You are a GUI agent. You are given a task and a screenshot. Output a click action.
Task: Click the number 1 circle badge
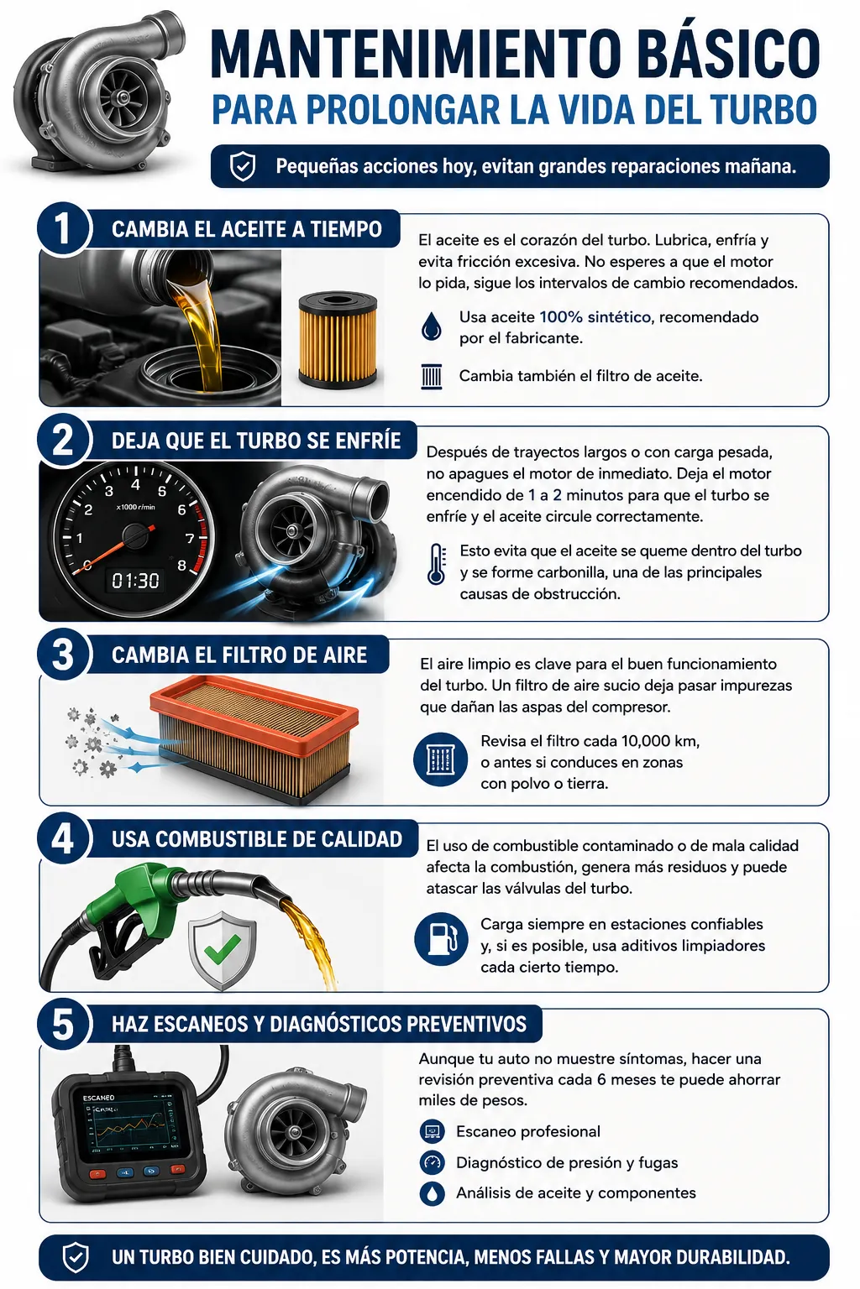point(63,228)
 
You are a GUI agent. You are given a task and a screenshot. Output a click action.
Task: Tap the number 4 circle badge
point(63,838)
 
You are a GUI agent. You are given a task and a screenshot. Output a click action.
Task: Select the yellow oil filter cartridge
point(338,340)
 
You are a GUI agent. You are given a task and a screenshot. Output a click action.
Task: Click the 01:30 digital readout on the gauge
point(135,581)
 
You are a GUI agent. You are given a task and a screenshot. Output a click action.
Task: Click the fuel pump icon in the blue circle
point(441,938)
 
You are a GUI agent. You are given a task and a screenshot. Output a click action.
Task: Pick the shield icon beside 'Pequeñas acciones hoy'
point(243,166)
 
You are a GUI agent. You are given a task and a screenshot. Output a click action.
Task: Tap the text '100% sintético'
point(595,317)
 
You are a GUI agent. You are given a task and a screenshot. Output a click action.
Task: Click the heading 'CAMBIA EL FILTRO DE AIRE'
point(239,655)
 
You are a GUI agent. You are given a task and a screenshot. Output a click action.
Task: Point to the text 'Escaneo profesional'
point(527,1131)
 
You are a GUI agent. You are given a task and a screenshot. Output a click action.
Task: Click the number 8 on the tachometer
point(182,565)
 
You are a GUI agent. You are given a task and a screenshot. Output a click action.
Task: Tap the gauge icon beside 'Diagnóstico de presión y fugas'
point(432,1162)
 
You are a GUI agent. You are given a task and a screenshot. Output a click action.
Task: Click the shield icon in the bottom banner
point(76,1257)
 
